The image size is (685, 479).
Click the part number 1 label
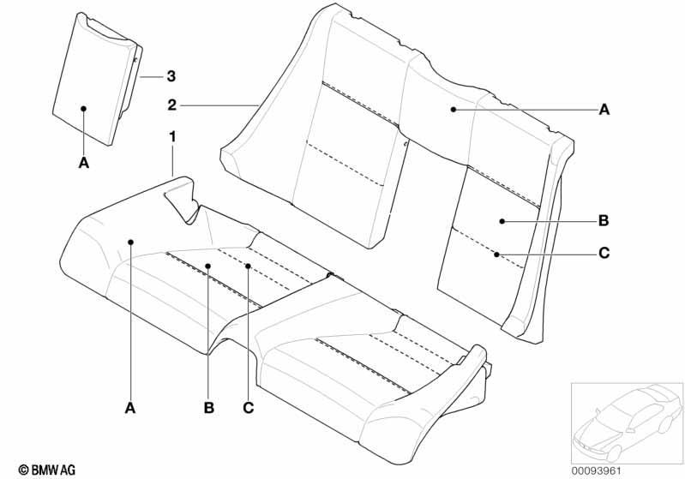(172, 137)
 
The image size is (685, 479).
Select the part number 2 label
(172, 105)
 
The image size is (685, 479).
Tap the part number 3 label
(171, 76)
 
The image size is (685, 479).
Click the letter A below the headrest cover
(84, 164)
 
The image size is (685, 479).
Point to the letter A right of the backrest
(604, 110)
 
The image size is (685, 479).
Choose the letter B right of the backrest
(604, 221)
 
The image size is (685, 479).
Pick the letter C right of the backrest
(604, 253)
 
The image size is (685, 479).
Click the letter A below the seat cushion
(130, 408)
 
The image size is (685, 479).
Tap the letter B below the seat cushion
(209, 408)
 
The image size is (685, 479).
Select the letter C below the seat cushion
(248, 408)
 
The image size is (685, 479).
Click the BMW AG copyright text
(47, 470)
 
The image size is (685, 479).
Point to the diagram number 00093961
(597, 471)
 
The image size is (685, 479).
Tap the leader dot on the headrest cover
(84, 108)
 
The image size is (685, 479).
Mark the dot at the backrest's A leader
(454, 109)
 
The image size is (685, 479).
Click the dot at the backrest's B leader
(502, 221)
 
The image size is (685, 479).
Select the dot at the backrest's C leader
(496, 254)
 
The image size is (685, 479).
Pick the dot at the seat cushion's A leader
(130, 242)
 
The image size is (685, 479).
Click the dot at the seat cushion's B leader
(208, 266)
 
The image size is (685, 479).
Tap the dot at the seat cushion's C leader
(248, 266)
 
